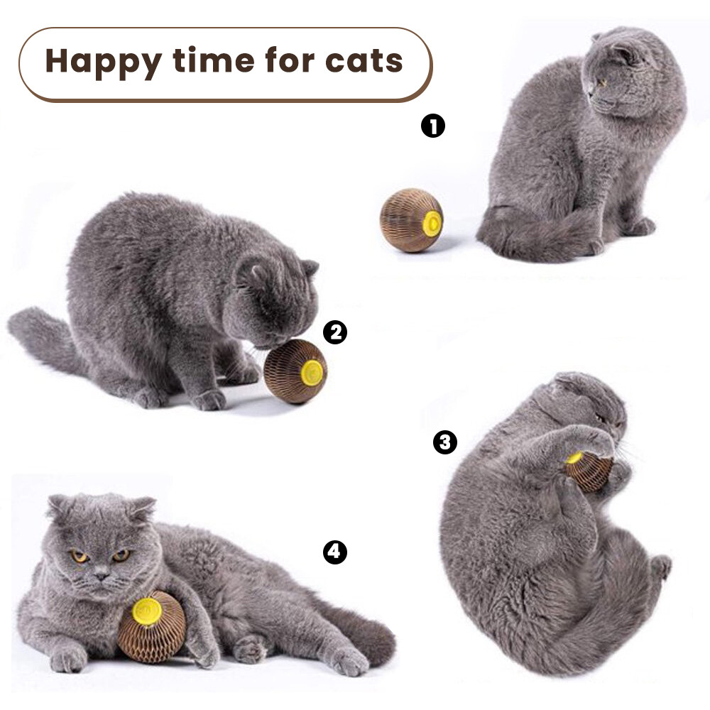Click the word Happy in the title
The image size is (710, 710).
104,62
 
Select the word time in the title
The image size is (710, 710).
213,60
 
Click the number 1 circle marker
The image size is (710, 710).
433,126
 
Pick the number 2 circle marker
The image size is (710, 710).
335,332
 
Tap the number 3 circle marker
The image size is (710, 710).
445,442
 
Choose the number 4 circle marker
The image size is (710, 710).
334,552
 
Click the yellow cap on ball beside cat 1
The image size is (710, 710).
432,223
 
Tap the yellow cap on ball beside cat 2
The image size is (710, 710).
312,373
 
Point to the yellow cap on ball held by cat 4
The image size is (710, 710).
148,611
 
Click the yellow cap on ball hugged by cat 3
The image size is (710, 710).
574,458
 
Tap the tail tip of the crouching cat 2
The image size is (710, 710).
18,322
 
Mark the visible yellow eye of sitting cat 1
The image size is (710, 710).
603,82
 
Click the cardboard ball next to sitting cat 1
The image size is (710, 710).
411,221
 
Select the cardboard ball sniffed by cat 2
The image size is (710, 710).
295,371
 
